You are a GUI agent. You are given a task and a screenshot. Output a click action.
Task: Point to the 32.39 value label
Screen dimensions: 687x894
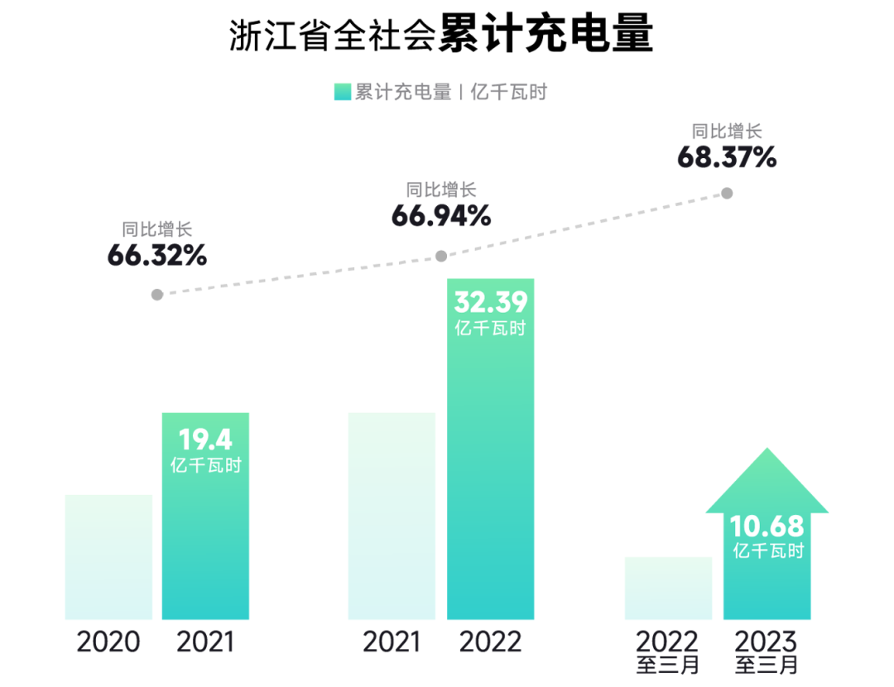pos(490,302)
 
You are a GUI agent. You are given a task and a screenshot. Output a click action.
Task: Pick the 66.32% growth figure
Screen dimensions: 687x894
pos(156,256)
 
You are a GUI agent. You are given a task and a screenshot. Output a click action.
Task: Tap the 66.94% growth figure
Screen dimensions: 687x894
pos(440,216)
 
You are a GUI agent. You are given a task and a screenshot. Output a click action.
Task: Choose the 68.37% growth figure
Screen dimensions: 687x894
pos(727,157)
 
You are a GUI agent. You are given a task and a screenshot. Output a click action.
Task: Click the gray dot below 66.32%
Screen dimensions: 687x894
pos(157,294)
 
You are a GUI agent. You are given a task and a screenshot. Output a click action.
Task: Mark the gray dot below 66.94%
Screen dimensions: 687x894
pos(441,256)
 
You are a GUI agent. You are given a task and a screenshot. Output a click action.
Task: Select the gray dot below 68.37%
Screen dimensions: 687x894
pos(727,193)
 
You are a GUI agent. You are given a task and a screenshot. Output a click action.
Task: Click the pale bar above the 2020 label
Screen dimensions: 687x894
pos(108,556)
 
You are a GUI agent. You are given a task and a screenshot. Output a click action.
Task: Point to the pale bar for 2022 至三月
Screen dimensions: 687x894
pos(668,588)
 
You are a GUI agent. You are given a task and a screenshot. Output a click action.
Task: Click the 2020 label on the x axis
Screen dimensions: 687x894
pos(108,642)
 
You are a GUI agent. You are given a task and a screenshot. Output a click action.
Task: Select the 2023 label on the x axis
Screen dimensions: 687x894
pos(767,641)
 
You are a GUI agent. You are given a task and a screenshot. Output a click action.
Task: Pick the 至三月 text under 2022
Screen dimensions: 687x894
pos(668,665)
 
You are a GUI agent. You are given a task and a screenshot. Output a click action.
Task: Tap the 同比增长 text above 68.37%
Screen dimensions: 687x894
pos(727,131)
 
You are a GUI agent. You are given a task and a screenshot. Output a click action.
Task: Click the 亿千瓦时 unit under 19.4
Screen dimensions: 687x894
pos(205,465)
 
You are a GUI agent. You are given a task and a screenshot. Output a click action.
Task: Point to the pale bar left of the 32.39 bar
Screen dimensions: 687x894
pos(392,515)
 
